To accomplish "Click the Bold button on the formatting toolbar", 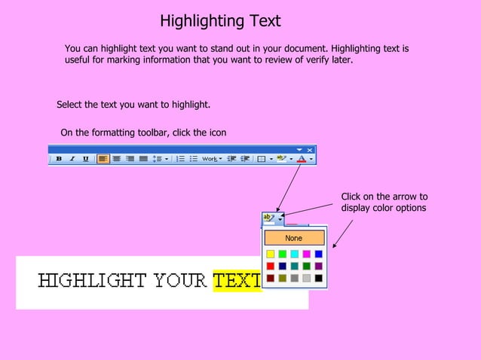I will pos(59,159).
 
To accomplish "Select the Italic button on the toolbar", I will pos(72,159).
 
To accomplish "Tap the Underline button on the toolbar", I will pos(85,159).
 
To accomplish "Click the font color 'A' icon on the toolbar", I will pos(302,159).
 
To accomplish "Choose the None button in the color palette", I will pos(294,238).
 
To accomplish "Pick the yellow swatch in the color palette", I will pos(270,255).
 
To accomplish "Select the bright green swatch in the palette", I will pos(282,255).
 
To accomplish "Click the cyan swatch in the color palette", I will pos(294,255).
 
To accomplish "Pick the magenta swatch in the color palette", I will pos(306,255).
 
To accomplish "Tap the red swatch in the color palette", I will pos(270,266).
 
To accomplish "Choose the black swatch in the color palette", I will pos(318,278).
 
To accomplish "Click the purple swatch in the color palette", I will pos(318,266).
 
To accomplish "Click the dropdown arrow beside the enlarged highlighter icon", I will pos(280,219).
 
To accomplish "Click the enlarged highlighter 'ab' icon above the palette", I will pos(268,218).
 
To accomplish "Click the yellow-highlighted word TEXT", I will pos(236,281).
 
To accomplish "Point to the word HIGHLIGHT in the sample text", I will pos(93,281).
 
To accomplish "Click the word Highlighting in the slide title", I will pos(198,20).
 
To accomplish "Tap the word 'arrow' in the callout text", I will pos(401,197).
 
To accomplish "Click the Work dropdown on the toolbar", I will pos(211,159).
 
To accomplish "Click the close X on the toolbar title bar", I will pos(310,149).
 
